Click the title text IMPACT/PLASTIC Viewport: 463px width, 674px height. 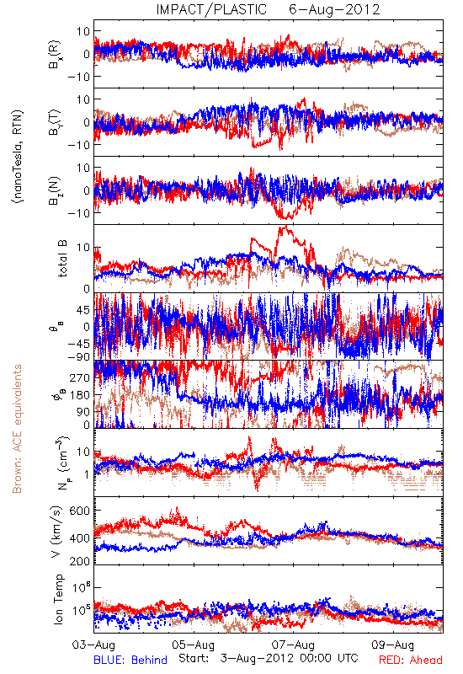tap(211, 9)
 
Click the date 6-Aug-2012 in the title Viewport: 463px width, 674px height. tap(334, 9)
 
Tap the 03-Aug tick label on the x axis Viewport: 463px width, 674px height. tap(93, 645)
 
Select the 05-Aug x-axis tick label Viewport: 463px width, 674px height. tap(194, 645)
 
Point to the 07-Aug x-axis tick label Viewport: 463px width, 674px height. tap(293, 645)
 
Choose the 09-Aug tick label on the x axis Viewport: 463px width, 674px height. tap(393, 645)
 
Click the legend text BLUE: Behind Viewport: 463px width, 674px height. tap(130, 660)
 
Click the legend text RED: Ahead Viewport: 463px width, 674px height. tap(410, 660)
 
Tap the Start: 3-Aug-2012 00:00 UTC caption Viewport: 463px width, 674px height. tap(268, 658)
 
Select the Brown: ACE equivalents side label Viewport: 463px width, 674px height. tap(17, 429)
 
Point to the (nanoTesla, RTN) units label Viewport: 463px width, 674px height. tap(18, 156)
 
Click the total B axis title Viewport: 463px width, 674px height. tap(62, 258)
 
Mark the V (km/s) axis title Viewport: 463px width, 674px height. tap(56, 532)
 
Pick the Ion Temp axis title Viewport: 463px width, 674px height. tap(58, 599)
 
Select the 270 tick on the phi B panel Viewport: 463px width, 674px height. tap(80, 377)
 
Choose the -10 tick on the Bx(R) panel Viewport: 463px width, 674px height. tap(78, 77)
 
